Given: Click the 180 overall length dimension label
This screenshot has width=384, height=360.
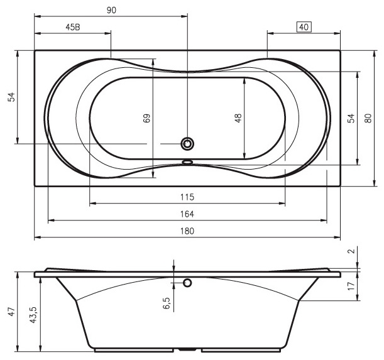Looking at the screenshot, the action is (187, 231).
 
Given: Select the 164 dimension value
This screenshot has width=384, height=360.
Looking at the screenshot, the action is (187, 214).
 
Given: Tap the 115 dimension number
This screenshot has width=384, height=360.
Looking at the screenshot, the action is (187, 197).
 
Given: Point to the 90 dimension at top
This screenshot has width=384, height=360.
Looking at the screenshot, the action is (111, 10).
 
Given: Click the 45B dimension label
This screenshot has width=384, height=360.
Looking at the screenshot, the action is (73, 27).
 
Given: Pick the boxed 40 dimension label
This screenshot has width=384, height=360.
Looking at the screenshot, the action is (304, 27).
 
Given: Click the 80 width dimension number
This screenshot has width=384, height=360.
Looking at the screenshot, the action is (368, 118).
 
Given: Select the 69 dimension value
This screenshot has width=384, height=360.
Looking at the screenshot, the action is (146, 118).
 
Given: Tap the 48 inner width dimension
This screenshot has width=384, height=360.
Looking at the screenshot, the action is (238, 118).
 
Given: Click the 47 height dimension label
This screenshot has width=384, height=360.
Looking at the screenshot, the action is (12, 312).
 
